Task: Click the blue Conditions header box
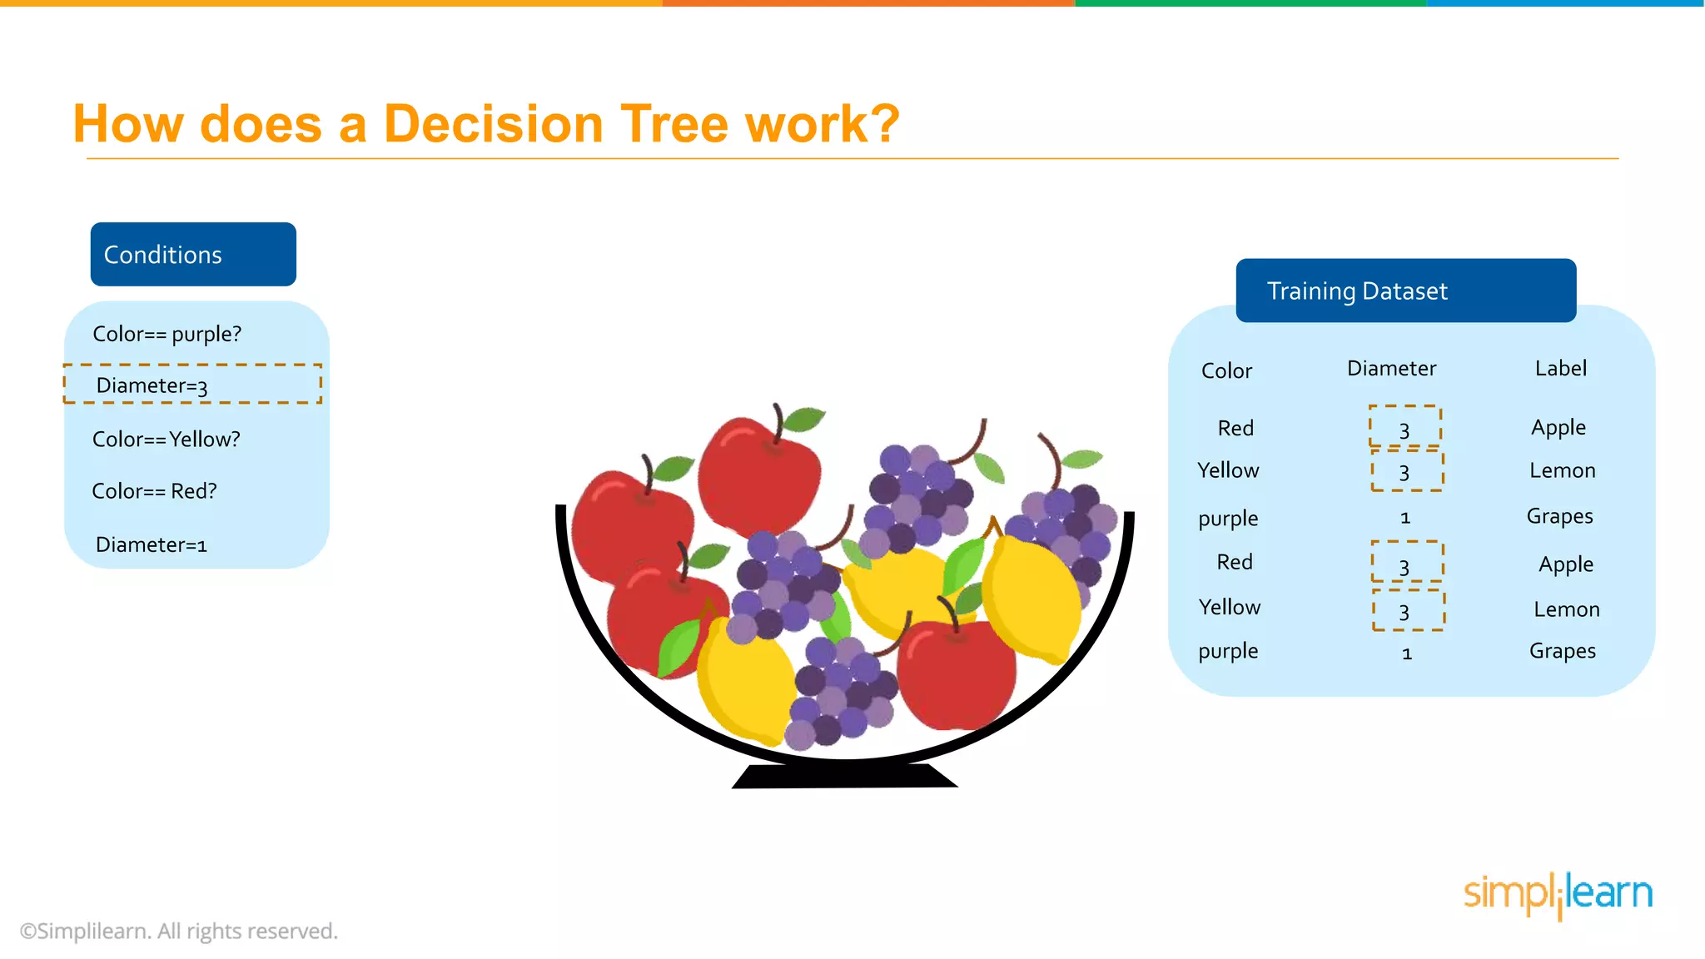click(193, 254)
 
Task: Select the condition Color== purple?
click(167, 334)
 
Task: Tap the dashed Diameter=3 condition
click(192, 385)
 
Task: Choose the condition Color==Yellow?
click(166, 439)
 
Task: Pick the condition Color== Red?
click(154, 491)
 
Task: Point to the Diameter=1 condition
click(151, 544)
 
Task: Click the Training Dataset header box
click(1405, 291)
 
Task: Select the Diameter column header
click(1391, 368)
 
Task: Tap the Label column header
click(1560, 368)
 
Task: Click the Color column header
click(1226, 370)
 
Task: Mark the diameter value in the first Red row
click(1404, 429)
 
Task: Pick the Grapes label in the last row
click(1562, 651)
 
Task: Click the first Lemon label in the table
click(1562, 470)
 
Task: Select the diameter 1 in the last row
click(1406, 653)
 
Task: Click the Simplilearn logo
click(1557, 894)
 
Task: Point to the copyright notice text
click(179, 931)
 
